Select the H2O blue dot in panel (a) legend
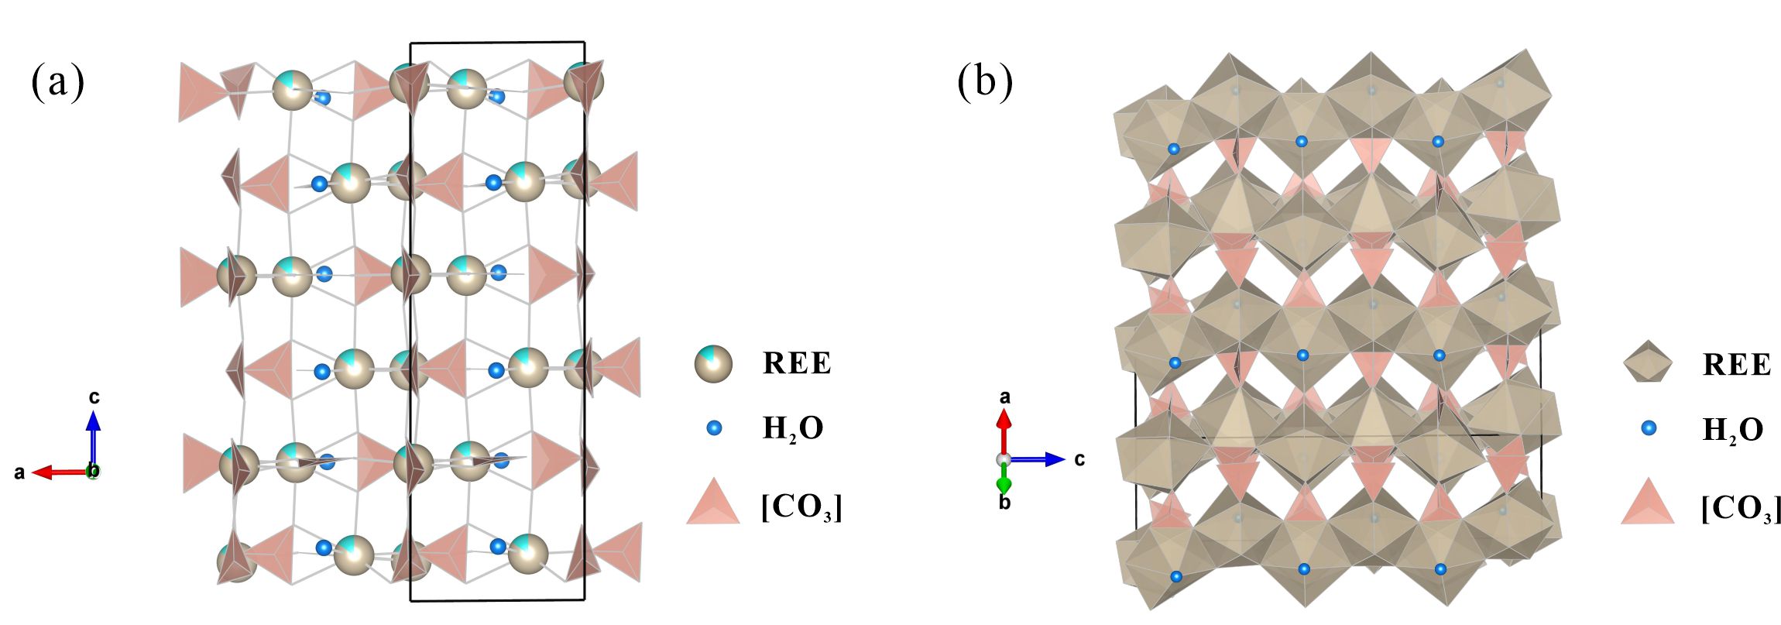click(714, 427)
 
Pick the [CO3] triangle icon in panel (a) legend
click(712, 501)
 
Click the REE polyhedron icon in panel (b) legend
click(1647, 363)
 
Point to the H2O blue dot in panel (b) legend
click(1649, 428)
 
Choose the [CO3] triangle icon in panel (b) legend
click(1647, 501)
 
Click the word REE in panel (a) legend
click(797, 363)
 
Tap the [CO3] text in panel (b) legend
click(1739, 508)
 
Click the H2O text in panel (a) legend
click(792, 429)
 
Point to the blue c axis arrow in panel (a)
click(93, 438)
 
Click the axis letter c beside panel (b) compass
click(1079, 459)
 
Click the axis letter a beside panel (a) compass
click(20, 472)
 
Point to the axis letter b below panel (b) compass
click(1004, 503)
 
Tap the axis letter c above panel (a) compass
click(94, 398)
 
